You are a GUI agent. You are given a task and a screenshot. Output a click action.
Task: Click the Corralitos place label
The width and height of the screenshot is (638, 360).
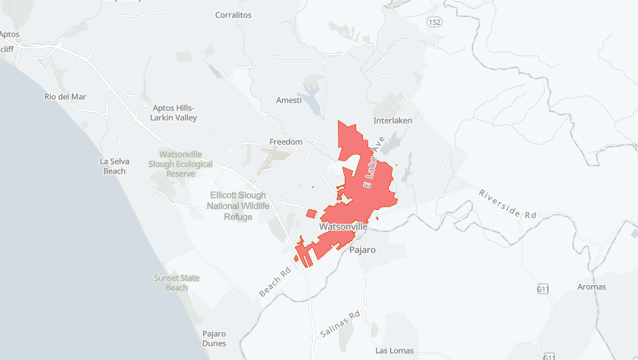point(233,14)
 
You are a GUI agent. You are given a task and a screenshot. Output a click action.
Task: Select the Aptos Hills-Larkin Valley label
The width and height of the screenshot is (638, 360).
point(174,113)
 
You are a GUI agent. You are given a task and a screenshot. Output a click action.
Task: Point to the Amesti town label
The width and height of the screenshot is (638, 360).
point(289,100)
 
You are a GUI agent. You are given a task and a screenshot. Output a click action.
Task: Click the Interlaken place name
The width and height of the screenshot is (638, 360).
point(393,121)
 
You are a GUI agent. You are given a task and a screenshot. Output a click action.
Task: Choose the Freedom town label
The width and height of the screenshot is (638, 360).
point(286,142)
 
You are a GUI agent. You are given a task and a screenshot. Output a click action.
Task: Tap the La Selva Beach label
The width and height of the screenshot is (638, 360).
point(114,166)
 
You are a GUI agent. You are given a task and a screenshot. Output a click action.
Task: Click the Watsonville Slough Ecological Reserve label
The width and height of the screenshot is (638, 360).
point(181,164)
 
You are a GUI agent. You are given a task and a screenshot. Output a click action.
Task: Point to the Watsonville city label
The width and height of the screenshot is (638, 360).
point(343,227)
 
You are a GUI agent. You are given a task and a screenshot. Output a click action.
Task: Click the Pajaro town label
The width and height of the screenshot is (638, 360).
point(362,249)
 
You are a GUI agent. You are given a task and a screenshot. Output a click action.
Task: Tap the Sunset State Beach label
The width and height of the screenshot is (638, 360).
point(177,283)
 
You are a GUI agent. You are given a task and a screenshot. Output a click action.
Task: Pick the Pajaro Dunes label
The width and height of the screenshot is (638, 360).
point(214,338)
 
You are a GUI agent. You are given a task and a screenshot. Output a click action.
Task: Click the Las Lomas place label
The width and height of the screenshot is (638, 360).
point(395,351)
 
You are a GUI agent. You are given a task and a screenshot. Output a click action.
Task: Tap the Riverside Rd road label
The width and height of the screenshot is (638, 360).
point(507,204)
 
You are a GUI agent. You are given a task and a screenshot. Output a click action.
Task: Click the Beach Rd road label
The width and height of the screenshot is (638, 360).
point(275,282)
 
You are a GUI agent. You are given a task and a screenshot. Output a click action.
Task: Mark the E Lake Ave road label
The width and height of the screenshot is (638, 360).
point(374,163)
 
